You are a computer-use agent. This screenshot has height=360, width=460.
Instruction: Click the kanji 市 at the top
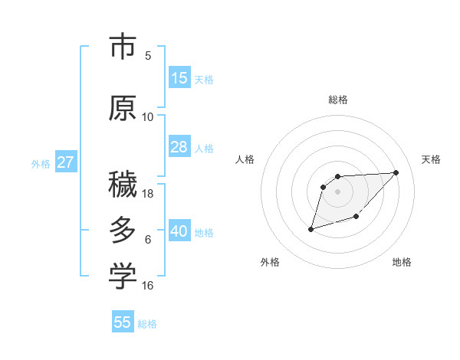pyautogui.click(x=123, y=47)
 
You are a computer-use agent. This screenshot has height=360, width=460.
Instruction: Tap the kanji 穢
pyautogui.click(x=123, y=184)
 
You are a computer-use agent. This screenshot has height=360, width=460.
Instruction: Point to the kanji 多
pyautogui.click(x=123, y=231)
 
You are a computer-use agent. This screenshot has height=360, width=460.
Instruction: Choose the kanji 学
pyautogui.click(x=123, y=277)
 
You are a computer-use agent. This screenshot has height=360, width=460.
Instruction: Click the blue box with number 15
pyautogui.click(x=179, y=78)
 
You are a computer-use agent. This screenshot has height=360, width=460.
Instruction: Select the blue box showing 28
pyautogui.click(x=179, y=147)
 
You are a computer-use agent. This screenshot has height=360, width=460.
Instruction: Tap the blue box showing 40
pyautogui.click(x=179, y=231)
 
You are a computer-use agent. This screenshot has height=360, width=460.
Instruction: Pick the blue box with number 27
pyautogui.click(x=65, y=162)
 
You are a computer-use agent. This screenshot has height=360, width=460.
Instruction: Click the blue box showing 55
pyautogui.click(x=123, y=322)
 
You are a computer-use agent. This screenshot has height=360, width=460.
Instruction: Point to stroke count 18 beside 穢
pyautogui.click(x=148, y=194)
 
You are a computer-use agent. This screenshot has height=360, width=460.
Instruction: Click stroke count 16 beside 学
pyautogui.click(x=148, y=286)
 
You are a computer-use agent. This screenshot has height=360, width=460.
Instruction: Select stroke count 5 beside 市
pyautogui.click(x=148, y=56)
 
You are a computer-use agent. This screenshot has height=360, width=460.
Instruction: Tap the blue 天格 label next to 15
pyautogui.click(x=204, y=79)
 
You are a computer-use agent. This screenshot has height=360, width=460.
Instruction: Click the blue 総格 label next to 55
pyautogui.click(x=147, y=323)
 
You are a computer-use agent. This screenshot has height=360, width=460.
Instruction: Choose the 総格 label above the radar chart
pyautogui.click(x=338, y=100)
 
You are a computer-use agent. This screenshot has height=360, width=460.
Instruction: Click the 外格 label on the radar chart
pyautogui.click(x=270, y=262)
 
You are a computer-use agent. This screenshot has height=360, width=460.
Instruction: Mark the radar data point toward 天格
pyautogui.click(x=396, y=172)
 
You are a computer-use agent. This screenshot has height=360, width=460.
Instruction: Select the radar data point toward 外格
pyautogui.click(x=310, y=228)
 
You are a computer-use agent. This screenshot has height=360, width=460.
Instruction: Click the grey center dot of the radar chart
pyautogui.click(x=338, y=191)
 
